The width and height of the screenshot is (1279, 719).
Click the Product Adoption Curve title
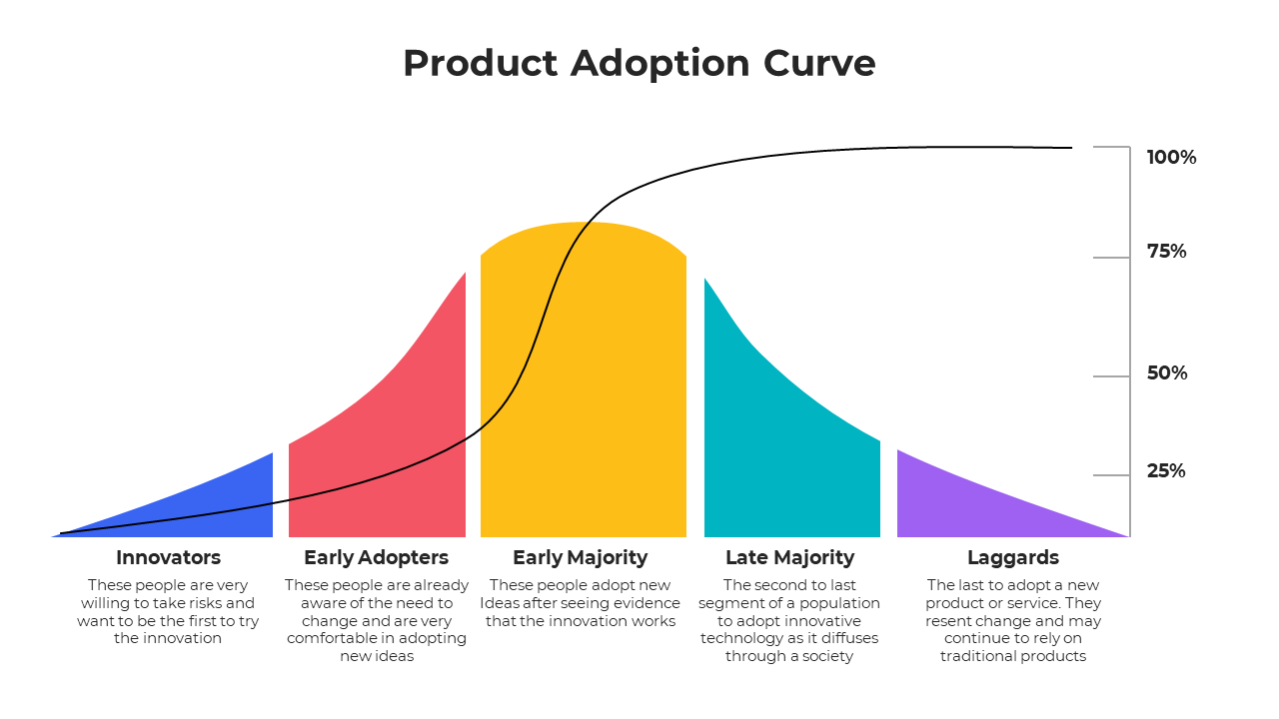click(639, 63)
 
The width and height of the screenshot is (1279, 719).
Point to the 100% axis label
click(1171, 157)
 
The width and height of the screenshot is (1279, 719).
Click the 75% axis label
click(1166, 252)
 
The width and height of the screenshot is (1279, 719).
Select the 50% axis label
click(1167, 373)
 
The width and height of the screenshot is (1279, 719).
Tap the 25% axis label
click(1166, 471)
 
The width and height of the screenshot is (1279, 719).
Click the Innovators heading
click(168, 557)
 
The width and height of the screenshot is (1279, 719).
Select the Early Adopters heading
click(376, 557)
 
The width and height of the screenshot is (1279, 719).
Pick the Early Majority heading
click(580, 557)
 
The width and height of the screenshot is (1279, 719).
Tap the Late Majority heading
click(789, 557)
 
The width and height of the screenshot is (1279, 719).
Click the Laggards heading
click(1012, 557)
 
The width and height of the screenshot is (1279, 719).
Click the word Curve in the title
click(819, 63)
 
